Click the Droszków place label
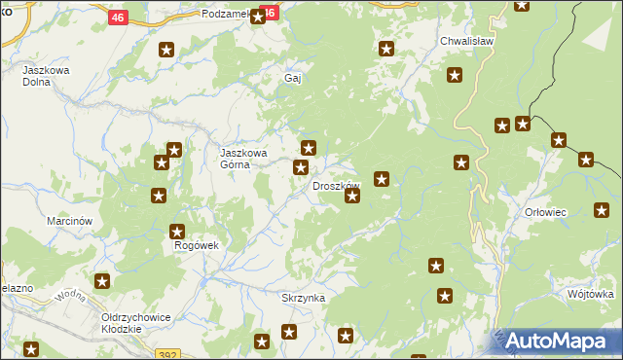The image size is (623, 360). click(x=336, y=186)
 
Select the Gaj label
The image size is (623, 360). click(x=292, y=78)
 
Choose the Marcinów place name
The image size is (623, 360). click(x=69, y=221)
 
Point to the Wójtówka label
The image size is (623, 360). click(x=590, y=293)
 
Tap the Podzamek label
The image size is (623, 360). click(x=226, y=15)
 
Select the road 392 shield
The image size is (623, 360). click(x=166, y=355)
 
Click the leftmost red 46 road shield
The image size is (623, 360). click(x=119, y=18)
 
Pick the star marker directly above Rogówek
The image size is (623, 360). click(x=177, y=232)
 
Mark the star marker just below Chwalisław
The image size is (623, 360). click(x=455, y=75)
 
